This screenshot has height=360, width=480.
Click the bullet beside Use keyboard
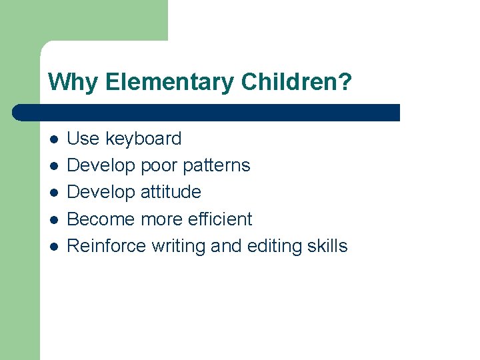[x=54, y=139]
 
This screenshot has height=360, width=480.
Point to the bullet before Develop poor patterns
[x=54, y=166]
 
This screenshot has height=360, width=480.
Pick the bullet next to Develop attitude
[x=54, y=193]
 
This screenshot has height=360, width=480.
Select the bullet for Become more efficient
[x=54, y=219]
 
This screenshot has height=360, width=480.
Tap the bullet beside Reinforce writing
[x=54, y=247]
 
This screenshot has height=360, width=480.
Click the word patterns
[x=216, y=165]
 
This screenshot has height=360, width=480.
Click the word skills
[x=326, y=246]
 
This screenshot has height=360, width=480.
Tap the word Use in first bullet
[x=83, y=139]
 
